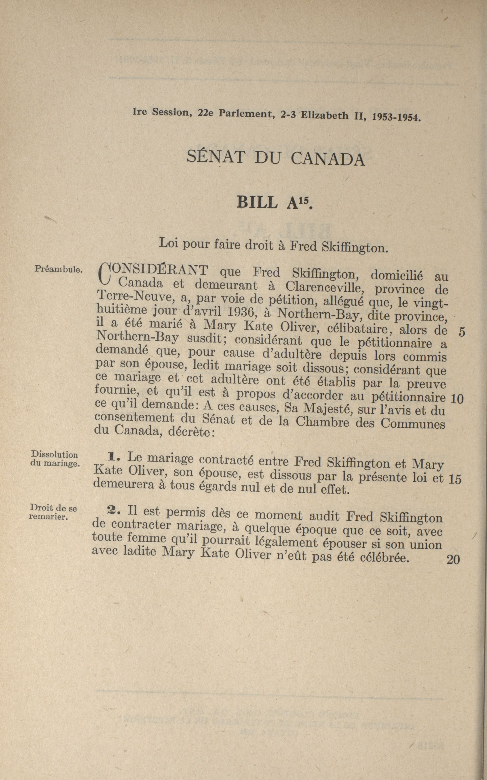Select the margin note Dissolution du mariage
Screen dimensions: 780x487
click(55, 459)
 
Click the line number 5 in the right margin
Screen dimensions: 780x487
click(462, 332)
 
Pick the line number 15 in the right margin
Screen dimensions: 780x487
click(455, 479)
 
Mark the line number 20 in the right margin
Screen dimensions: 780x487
click(453, 560)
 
